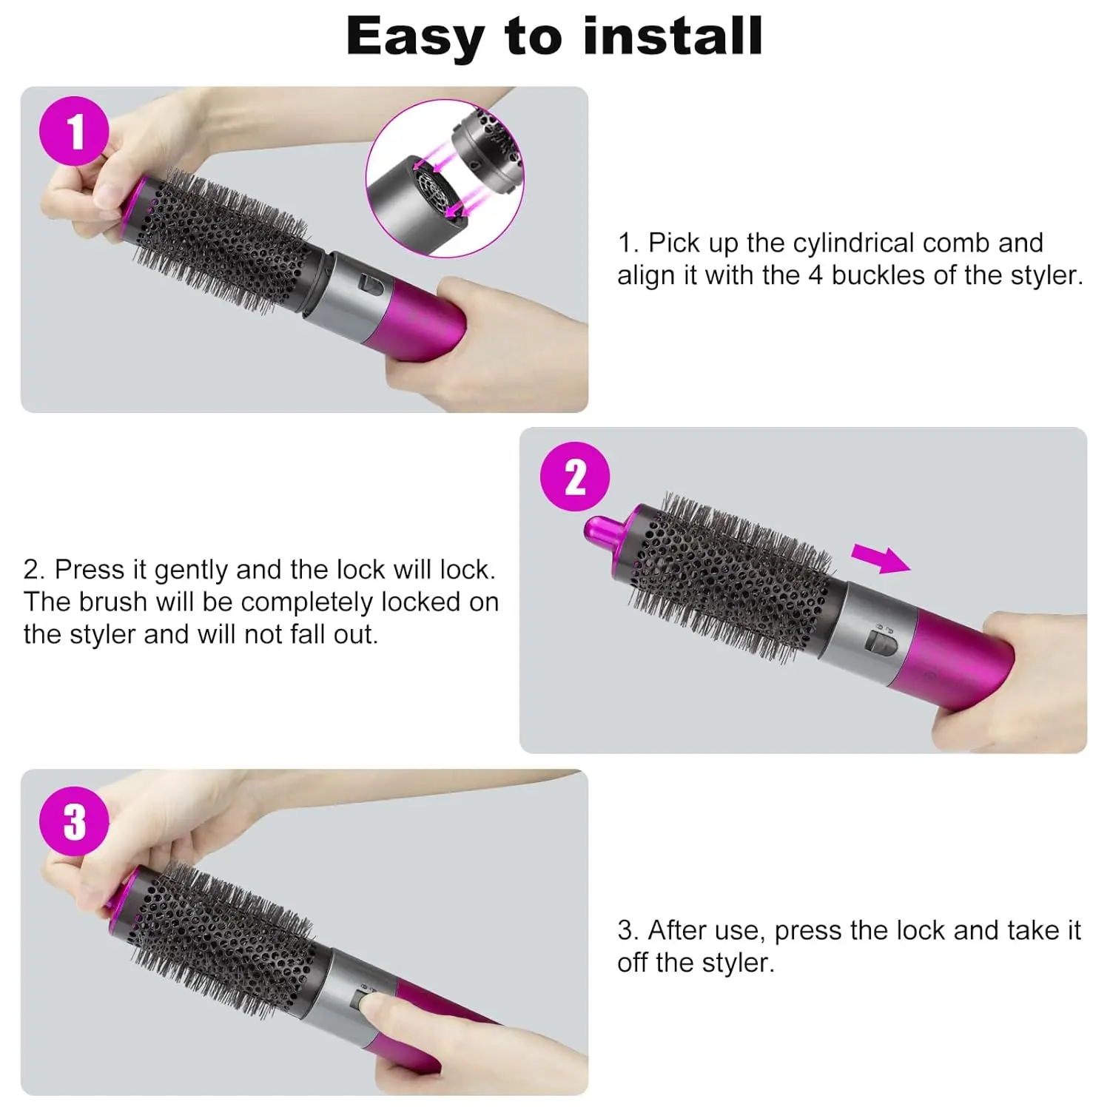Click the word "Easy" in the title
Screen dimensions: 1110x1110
pos(415,38)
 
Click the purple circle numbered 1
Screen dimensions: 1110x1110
pos(74,131)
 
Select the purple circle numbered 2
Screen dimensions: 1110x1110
pos(575,477)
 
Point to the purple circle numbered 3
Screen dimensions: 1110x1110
pos(74,821)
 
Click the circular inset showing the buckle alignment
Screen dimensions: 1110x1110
pos(445,178)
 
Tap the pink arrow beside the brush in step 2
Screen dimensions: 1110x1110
pos(880,559)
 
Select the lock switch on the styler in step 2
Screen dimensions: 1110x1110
pos(881,640)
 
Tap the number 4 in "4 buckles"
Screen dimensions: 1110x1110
pos(815,275)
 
